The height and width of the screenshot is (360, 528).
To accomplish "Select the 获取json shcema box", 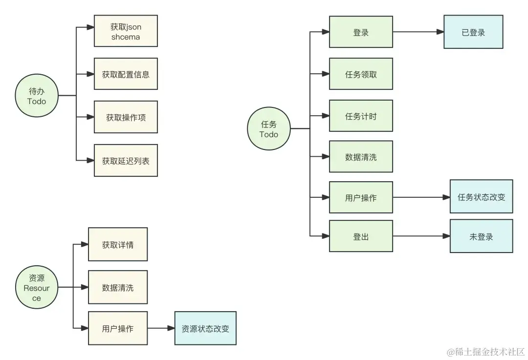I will pyautogui.click(x=126, y=31).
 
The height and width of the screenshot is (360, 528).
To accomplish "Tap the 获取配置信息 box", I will pyautogui.click(x=126, y=74).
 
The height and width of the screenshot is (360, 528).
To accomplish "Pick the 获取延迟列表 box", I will pyautogui.click(x=126, y=160).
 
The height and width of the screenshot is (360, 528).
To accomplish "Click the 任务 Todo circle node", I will pyautogui.click(x=269, y=129).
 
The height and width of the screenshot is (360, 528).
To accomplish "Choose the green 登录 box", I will pyautogui.click(x=361, y=32).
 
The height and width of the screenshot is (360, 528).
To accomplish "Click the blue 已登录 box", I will pyautogui.click(x=473, y=32).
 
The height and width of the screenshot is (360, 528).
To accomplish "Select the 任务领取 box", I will pyautogui.click(x=361, y=74).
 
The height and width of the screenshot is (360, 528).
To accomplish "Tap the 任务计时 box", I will pyautogui.click(x=361, y=116).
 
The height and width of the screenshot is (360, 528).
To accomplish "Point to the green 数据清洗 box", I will pyautogui.click(x=361, y=157).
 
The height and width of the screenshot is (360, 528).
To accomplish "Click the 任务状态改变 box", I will pyautogui.click(x=481, y=197).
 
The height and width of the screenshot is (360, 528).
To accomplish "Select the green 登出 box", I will pyautogui.click(x=361, y=236).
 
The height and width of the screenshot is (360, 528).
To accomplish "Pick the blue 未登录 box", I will pyautogui.click(x=481, y=236).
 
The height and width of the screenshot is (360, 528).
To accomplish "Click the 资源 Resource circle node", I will pyautogui.click(x=37, y=288).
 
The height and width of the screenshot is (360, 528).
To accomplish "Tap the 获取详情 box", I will pyautogui.click(x=117, y=244).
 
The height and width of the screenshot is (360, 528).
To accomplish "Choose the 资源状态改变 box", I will pyautogui.click(x=205, y=328).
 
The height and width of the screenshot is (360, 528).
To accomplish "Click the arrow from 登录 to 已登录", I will pyautogui.click(x=418, y=32).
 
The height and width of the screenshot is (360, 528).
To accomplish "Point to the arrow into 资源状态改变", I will pyautogui.click(x=161, y=328).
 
